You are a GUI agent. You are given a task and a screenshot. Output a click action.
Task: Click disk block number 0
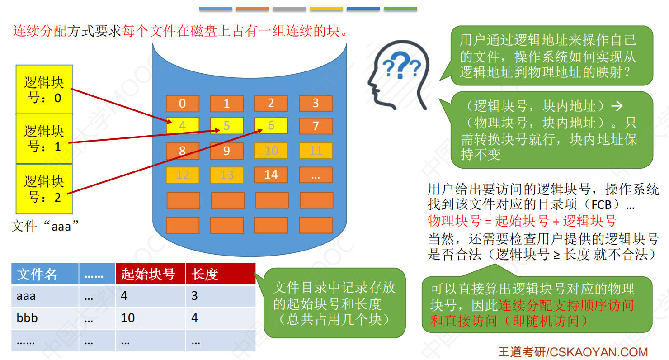click(x=183, y=104)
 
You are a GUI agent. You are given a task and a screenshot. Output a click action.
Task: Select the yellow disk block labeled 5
click(x=226, y=125)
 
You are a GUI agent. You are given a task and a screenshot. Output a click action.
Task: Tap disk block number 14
click(x=271, y=175)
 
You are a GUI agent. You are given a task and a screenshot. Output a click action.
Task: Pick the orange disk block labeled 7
click(x=316, y=126)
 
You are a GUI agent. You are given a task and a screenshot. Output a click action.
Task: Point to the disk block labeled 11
click(x=316, y=151)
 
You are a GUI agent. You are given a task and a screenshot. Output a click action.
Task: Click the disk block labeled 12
click(x=183, y=175)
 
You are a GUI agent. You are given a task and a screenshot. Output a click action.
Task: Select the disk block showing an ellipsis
click(x=316, y=175)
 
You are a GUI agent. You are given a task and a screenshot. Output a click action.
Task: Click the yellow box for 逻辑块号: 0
click(x=44, y=90)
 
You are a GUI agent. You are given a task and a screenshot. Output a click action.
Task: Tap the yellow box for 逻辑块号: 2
click(x=44, y=189)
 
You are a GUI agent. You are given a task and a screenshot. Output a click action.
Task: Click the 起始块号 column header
click(x=151, y=274)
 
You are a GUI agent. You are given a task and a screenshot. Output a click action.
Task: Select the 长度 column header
click(x=221, y=274)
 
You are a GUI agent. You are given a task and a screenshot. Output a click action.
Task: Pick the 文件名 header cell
click(x=45, y=274)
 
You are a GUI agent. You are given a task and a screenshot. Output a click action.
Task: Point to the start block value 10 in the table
click(x=128, y=318)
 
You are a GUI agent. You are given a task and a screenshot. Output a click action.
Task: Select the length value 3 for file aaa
click(x=194, y=296)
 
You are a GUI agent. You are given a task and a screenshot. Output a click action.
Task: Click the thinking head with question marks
click(x=398, y=75)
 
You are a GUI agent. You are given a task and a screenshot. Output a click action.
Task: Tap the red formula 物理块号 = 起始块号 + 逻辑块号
click(x=522, y=221)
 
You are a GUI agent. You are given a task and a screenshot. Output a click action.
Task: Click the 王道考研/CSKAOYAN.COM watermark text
click(x=573, y=352)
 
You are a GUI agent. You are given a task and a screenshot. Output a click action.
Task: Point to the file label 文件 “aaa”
click(x=45, y=226)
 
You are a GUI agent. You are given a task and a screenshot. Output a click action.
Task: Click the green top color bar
click(x=400, y=9)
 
